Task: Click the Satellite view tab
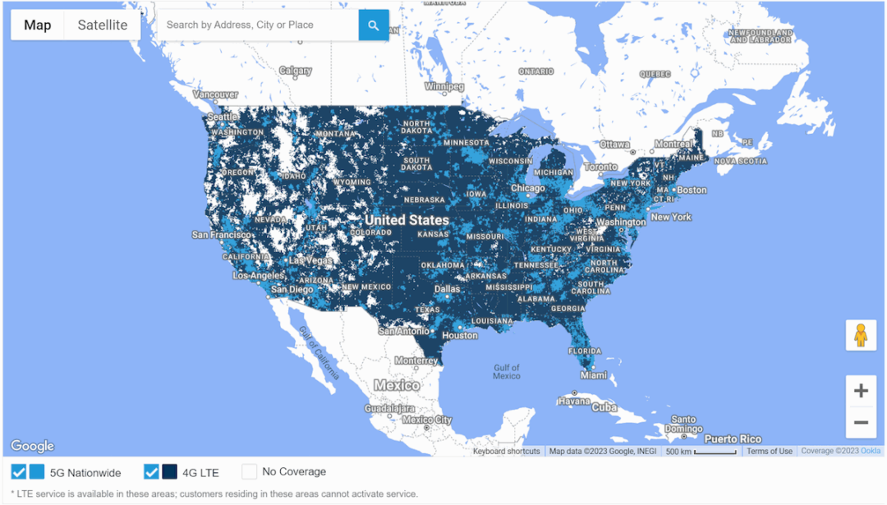click(x=103, y=25)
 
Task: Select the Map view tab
click(x=38, y=25)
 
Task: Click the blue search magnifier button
click(x=374, y=25)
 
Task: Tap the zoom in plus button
click(x=861, y=391)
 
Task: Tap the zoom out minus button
click(x=861, y=422)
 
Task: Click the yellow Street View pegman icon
click(x=861, y=335)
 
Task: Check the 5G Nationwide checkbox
click(x=18, y=472)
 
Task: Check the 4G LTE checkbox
click(x=151, y=472)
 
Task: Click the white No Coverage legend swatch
click(x=249, y=472)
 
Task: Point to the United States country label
click(x=407, y=220)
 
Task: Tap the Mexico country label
click(x=397, y=385)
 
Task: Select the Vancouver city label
click(x=215, y=94)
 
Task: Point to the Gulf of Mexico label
click(x=507, y=372)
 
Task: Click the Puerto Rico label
click(x=733, y=438)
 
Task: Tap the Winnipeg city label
click(x=444, y=86)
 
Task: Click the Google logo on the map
click(x=33, y=446)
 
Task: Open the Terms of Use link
click(x=770, y=451)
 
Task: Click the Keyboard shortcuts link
click(x=507, y=451)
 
